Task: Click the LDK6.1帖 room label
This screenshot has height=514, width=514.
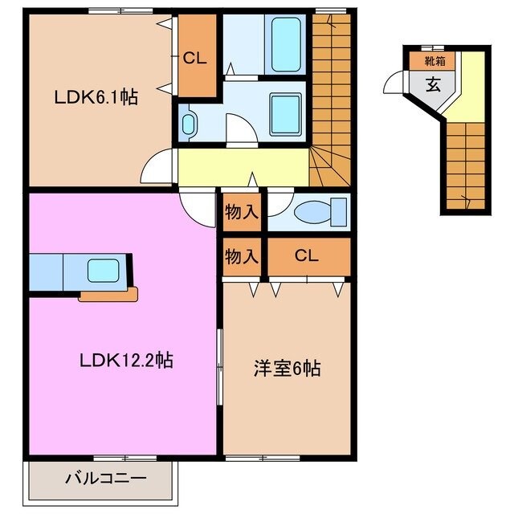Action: pos(96,97)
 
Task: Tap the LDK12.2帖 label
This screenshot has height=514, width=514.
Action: pos(126,361)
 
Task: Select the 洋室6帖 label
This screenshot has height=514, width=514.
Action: pos(287,369)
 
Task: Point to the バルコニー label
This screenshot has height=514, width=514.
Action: pos(104,479)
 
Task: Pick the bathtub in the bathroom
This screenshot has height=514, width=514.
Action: pos(286,46)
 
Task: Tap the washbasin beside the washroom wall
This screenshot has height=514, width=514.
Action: pos(188,123)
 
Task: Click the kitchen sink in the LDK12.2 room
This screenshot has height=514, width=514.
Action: pos(103,269)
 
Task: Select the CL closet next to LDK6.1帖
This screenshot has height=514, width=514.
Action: pos(195,57)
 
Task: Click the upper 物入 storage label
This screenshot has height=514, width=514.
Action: pos(241,212)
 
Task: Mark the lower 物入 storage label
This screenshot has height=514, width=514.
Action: pos(241,256)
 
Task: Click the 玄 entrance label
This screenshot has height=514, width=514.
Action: pos(433,84)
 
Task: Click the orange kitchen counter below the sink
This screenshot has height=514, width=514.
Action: pos(108,296)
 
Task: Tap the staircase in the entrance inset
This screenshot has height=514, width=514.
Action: pos(466,165)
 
